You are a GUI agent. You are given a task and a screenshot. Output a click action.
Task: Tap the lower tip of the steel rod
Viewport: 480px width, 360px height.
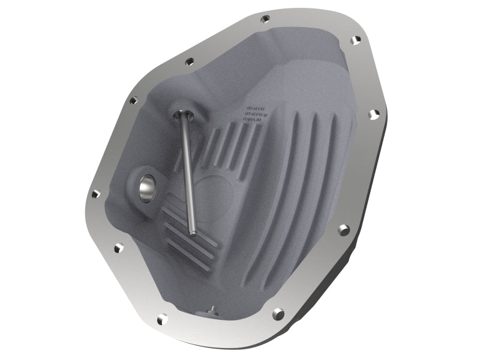[x=193, y=232]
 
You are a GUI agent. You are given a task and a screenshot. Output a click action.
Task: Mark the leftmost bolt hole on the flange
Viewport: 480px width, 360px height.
[x=95, y=194]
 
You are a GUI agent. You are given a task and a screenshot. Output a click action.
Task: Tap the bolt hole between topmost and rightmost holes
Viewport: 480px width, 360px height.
[x=355, y=40]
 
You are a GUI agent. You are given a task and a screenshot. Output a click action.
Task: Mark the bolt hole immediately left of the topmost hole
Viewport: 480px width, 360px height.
[x=190, y=61]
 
